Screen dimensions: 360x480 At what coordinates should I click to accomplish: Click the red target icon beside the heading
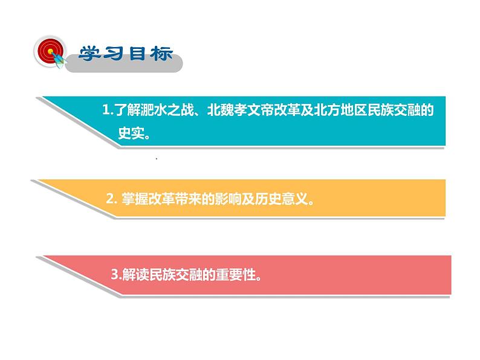48,51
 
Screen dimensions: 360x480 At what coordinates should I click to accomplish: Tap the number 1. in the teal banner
108,111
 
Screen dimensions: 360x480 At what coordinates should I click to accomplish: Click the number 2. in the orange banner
110,198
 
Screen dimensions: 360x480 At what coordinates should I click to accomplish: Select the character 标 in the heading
161,54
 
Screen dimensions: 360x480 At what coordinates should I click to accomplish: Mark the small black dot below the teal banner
156,159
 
